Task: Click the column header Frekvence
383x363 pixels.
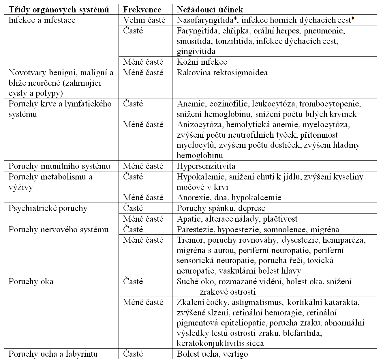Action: pos(142,10)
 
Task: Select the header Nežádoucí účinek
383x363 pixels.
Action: pos(210,10)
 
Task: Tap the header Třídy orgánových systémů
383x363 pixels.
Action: pos(59,10)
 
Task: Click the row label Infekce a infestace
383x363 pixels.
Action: pos(42,20)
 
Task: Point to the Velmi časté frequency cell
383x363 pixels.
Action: pos(144,20)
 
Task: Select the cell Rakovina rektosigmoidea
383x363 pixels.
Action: pos(222,72)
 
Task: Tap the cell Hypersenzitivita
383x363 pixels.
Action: pos(206,166)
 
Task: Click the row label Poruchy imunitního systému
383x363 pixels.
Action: pos(59,166)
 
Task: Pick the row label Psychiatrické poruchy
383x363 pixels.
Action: pos(48,208)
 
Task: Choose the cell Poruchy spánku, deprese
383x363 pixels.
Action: pos(221,208)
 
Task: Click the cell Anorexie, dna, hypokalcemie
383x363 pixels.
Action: pos(229,198)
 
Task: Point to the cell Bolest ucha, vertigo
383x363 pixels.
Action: pos(212,354)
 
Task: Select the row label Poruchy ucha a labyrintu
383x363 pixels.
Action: pos(53,354)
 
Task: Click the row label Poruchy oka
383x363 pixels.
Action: pos(31,281)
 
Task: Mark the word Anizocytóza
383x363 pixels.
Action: pos(200,125)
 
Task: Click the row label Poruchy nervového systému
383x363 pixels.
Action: pos(59,229)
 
